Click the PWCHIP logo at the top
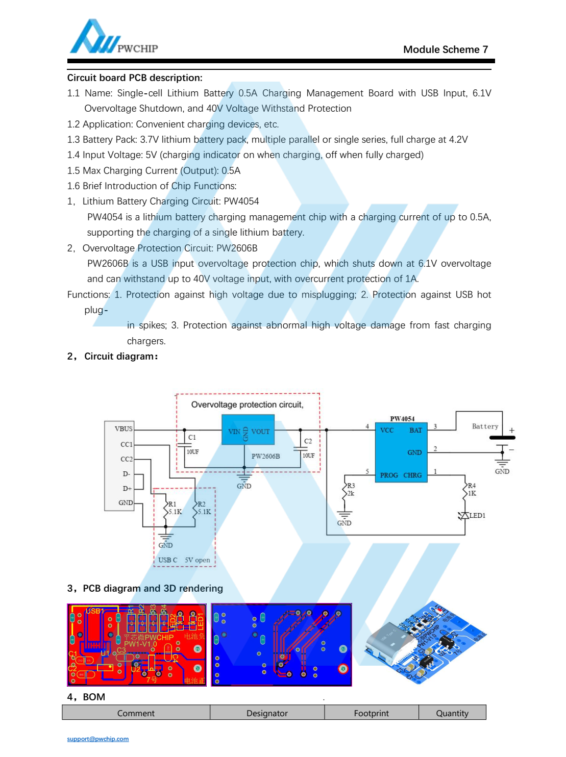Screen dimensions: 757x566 (x=113, y=38)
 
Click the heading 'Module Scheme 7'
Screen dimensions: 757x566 (x=445, y=49)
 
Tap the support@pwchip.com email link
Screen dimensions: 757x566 (x=97, y=739)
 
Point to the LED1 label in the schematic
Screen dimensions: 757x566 (x=477, y=516)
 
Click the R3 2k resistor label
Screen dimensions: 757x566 (x=351, y=490)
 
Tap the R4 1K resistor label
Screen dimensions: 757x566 (x=472, y=490)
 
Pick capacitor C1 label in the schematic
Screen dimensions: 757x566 (x=192, y=437)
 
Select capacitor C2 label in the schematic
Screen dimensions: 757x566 (x=308, y=441)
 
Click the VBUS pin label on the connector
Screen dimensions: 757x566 (x=124, y=429)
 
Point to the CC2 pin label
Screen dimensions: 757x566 (x=126, y=459)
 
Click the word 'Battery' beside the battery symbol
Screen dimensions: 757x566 (x=485, y=426)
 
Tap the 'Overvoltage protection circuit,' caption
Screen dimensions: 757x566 (x=247, y=405)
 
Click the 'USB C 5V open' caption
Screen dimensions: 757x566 (x=184, y=560)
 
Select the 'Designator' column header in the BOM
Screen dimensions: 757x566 (x=267, y=713)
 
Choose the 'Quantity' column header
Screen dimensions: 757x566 (x=452, y=713)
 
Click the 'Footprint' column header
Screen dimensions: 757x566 (x=371, y=713)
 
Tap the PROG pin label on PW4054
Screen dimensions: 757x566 (x=389, y=475)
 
